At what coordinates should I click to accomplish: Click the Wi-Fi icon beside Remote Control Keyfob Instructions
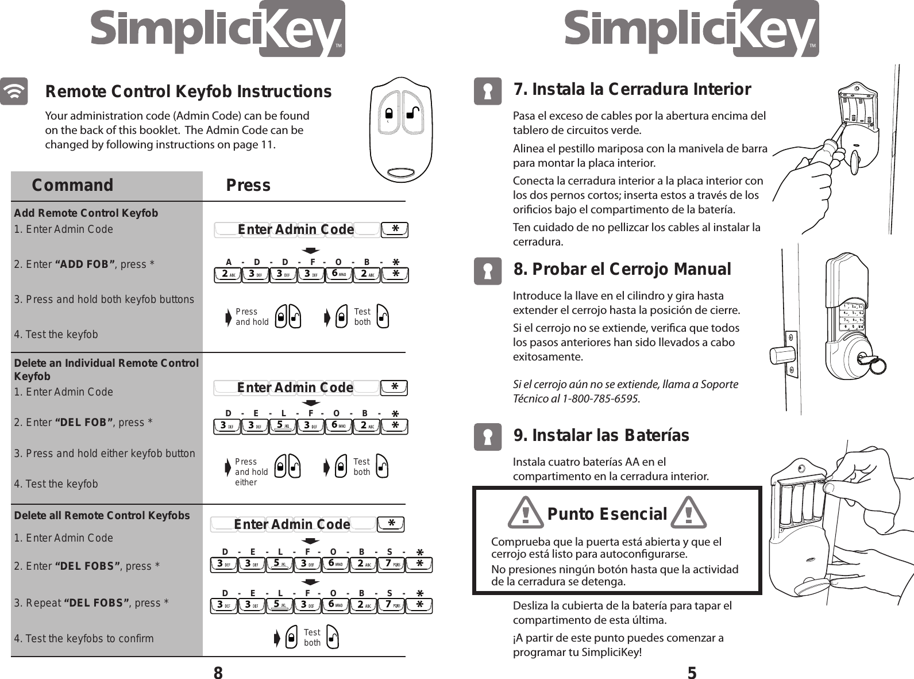14,91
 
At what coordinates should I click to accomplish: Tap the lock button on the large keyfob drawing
389,112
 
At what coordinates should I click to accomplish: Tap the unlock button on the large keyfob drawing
412,112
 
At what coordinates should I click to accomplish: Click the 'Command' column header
72,185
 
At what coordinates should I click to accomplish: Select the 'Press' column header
248,185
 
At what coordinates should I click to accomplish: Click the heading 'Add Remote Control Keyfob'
86,213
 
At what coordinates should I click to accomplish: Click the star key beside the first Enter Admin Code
395,230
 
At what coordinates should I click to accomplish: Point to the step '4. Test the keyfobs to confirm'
84,638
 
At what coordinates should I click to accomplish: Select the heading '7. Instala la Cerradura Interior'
631,90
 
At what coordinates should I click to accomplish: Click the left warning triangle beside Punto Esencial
526,513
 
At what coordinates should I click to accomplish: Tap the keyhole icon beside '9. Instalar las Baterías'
487,438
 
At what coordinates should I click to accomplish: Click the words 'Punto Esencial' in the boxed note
607,513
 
